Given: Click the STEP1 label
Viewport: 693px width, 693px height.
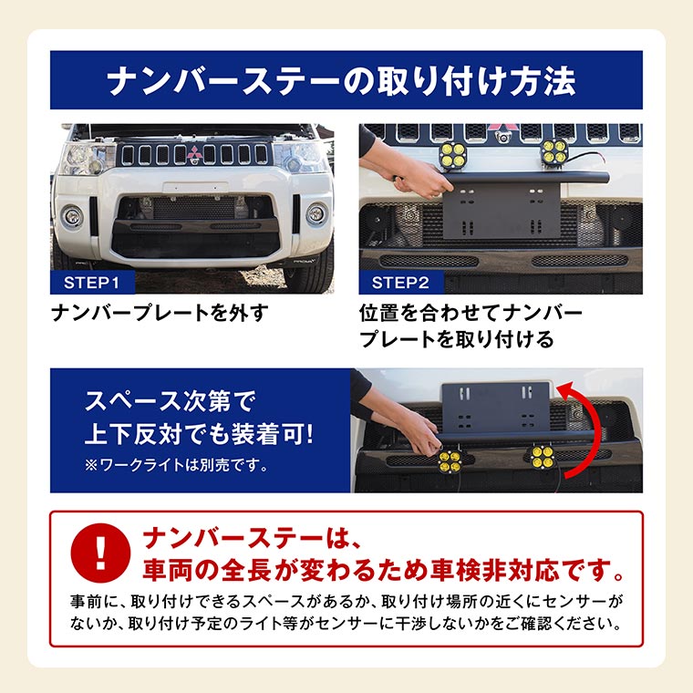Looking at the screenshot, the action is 92,283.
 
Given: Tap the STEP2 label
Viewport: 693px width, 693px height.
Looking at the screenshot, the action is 400,283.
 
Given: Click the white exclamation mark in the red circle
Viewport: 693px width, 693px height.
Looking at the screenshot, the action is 101,552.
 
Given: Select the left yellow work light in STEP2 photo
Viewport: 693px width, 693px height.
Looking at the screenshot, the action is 452,155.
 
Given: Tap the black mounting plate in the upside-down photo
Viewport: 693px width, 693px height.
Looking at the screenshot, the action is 496,408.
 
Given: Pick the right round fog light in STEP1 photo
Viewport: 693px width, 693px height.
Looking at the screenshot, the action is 316,214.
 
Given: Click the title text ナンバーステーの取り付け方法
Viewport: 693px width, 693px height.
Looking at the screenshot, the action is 342,81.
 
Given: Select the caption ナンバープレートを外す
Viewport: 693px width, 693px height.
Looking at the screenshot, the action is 160,313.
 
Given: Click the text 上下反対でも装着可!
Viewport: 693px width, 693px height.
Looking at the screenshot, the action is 199,434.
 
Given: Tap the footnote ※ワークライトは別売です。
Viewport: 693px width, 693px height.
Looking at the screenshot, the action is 176,465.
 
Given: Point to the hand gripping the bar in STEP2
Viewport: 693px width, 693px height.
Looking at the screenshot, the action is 419,181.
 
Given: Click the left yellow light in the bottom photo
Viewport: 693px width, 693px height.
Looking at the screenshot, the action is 450,461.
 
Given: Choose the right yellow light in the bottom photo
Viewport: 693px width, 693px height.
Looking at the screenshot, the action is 542,457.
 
